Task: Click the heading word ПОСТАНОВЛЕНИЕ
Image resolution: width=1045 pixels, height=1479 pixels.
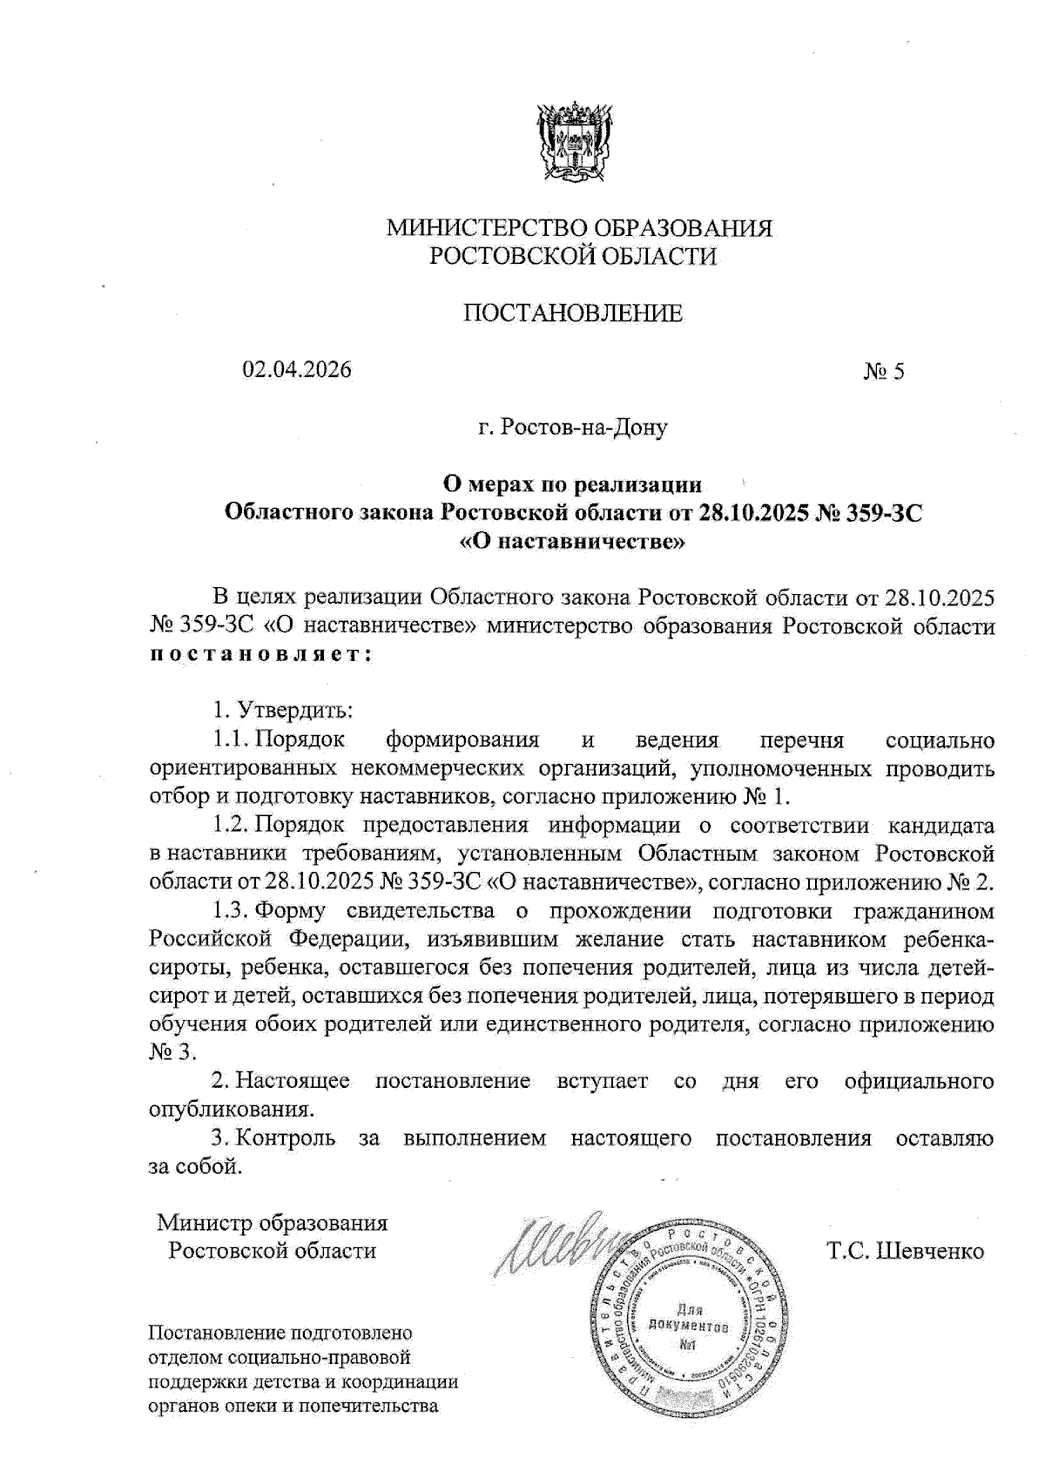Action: tap(572, 314)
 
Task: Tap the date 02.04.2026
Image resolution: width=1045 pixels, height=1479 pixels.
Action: tap(297, 369)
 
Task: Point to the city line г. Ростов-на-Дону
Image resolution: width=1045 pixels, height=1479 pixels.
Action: tap(572, 429)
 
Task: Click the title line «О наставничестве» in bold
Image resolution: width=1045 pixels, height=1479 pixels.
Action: tap(572, 541)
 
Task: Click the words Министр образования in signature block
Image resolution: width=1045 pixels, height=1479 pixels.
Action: tap(272, 1223)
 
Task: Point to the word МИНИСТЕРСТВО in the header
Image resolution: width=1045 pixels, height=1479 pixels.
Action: tap(487, 229)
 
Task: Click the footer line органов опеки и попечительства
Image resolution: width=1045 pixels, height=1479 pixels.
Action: tap(293, 1406)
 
